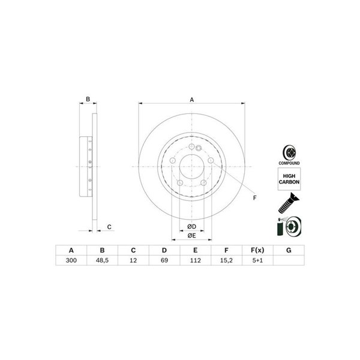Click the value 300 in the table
pyautogui.click(x=71, y=260)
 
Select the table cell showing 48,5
pyautogui.click(x=102, y=260)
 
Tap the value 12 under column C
pyautogui.click(x=133, y=260)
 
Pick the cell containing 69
pyautogui.click(x=164, y=260)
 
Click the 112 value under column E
pyautogui.click(x=196, y=260)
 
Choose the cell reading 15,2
pyautogui.click(x=226, y=260)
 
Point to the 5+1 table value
pyautogui.click(x=257, y=260)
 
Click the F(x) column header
pyautogui.click(x=257, y=250)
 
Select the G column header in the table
pyautogui.click(x=289, y=250)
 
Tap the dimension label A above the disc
pyautogui.click(x=192, y=100)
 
